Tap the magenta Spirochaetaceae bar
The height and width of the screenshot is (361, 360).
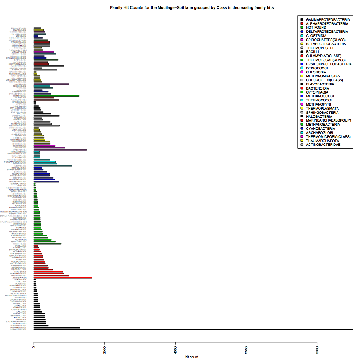(x=60, y=150)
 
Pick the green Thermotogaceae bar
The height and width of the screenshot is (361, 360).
(x=56, y=96)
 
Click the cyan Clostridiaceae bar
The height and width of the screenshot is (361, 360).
(x=53, y=166)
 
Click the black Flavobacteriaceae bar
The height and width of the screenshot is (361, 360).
(x=48, y=66)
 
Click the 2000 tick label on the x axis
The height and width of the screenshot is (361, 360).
(x=104, y=350)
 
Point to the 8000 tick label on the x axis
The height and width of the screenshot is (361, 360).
(x=317, y=350)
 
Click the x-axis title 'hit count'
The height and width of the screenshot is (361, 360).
(x=192, y=357)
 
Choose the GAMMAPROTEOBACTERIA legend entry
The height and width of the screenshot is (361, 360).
(x=328, y=19)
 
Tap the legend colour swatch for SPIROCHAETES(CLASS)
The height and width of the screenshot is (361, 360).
(x=302, y=40)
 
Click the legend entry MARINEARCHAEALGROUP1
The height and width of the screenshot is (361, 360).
(x=329, y=120)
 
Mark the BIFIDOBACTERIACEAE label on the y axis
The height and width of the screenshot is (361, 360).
(x=19, y=28)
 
